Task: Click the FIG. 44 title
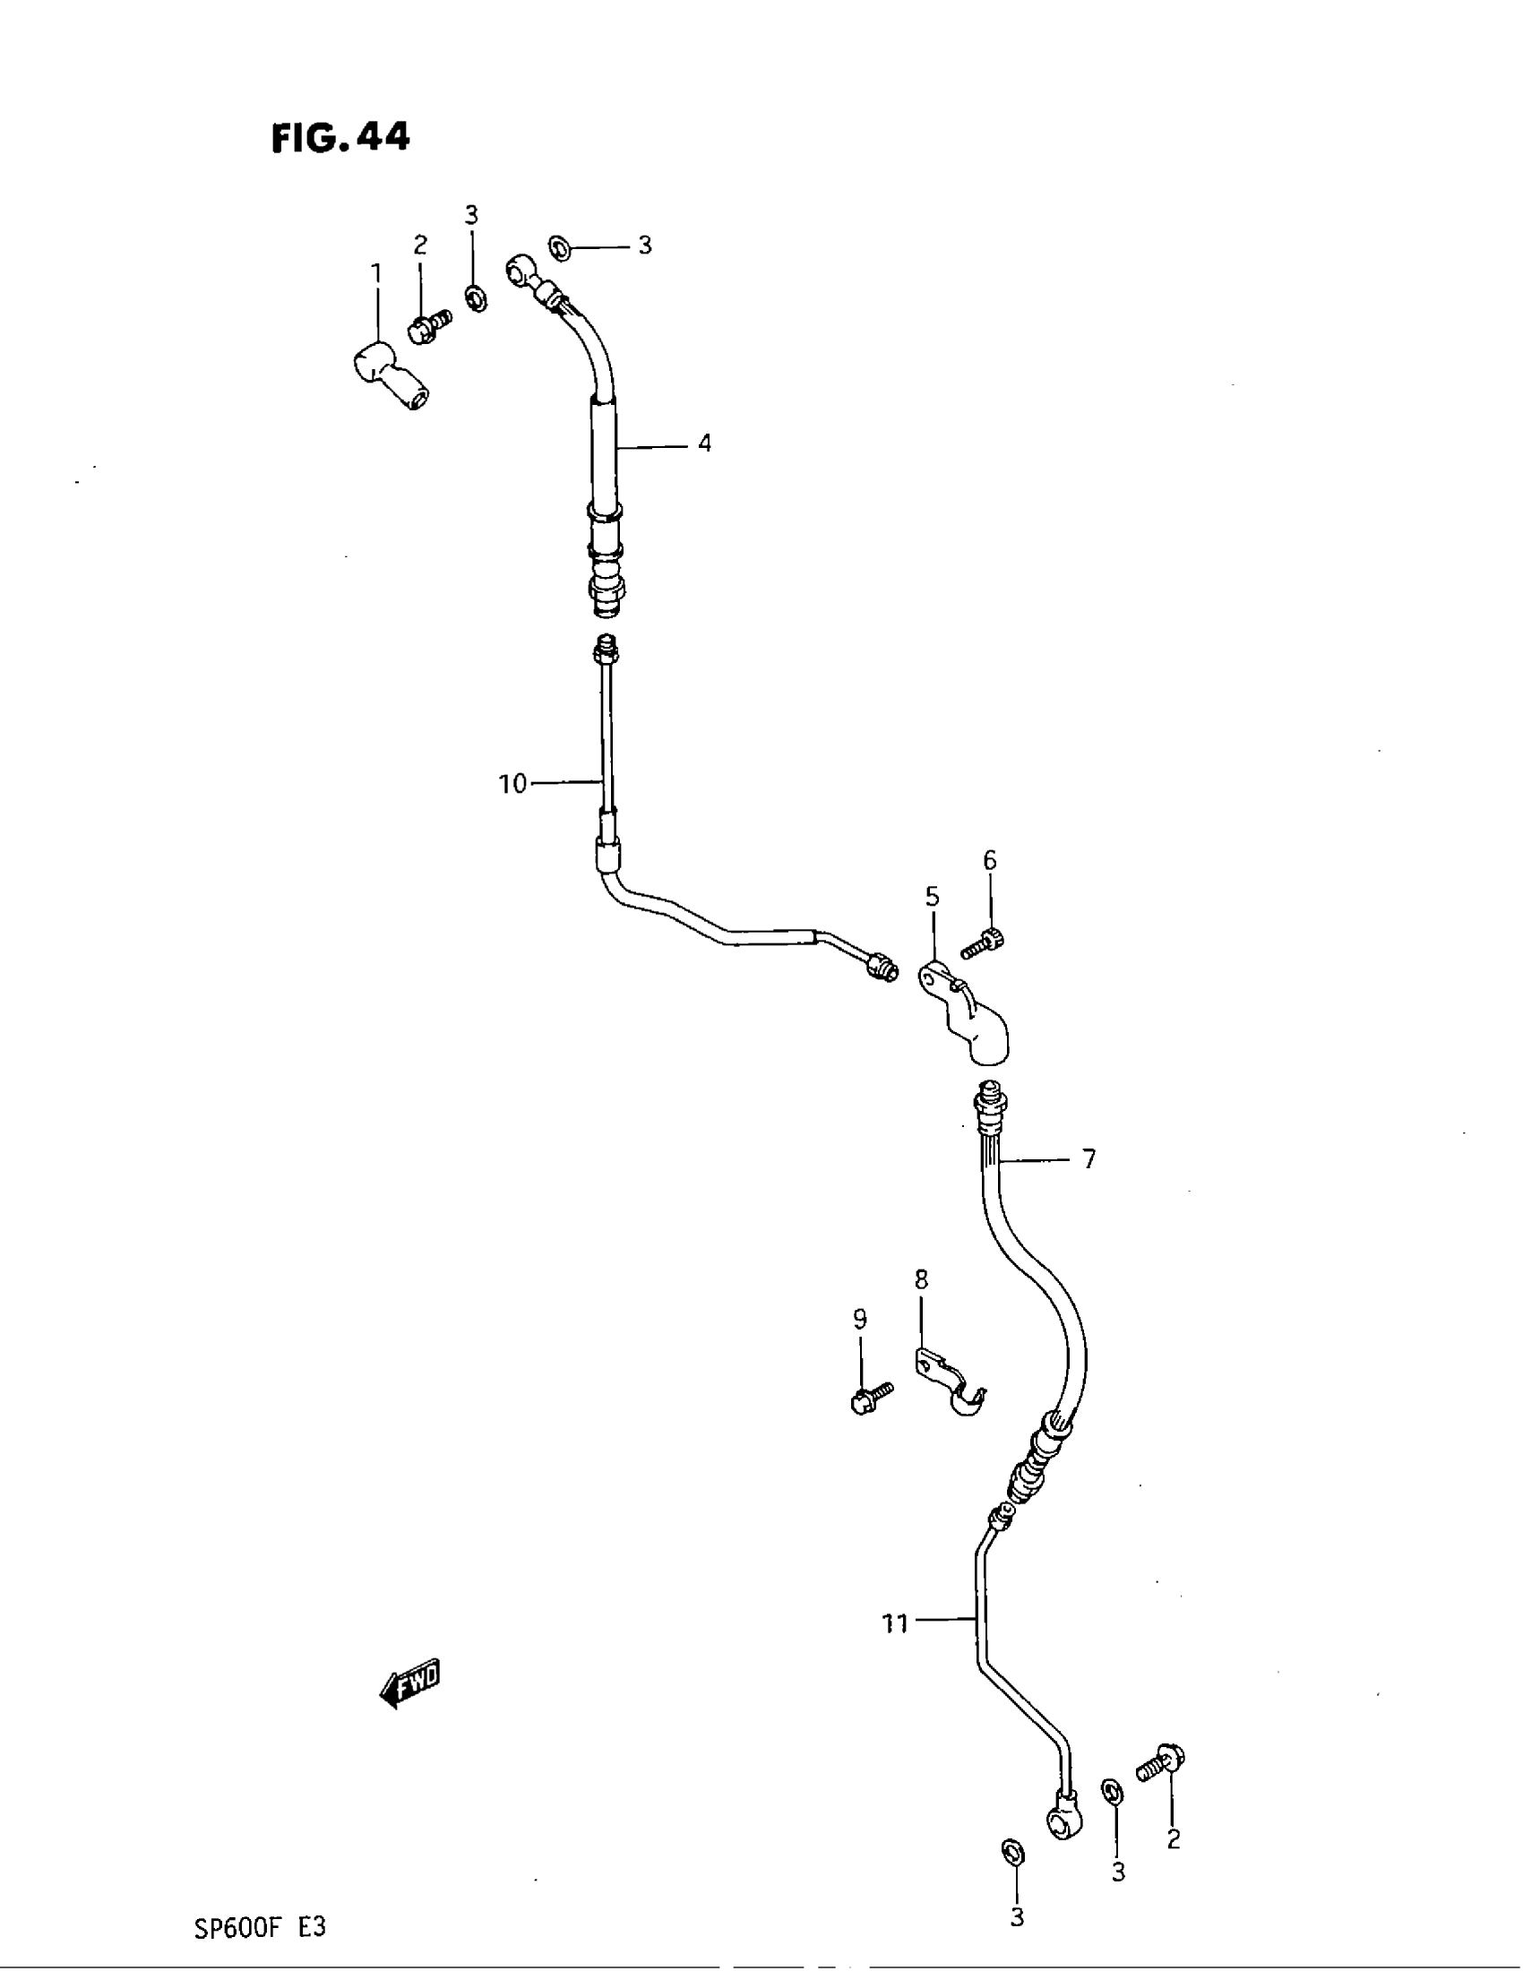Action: (341, 137)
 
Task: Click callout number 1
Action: (376, 271)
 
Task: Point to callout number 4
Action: (704, 443)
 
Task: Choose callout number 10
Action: (512, 783)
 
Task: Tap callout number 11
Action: (894, 1623)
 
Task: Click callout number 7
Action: (1089, 1158)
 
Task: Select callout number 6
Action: (990, 860)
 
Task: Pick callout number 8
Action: (921, 1279)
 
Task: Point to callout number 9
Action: (860, 1320)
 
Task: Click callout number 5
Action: (932, 896)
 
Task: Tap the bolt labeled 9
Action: (871, 1398)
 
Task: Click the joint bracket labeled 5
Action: (966, 1015)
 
